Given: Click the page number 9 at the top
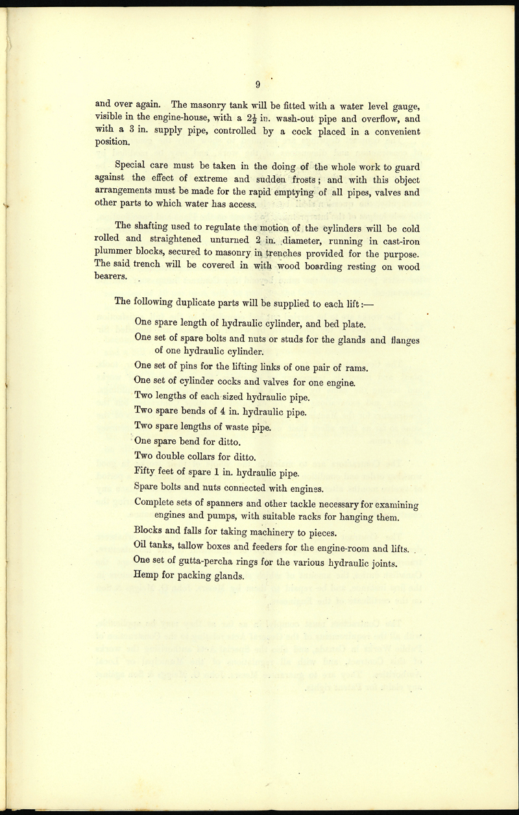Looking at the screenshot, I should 258,84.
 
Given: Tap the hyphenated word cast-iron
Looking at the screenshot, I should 394,240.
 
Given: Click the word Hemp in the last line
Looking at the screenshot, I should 147,575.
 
